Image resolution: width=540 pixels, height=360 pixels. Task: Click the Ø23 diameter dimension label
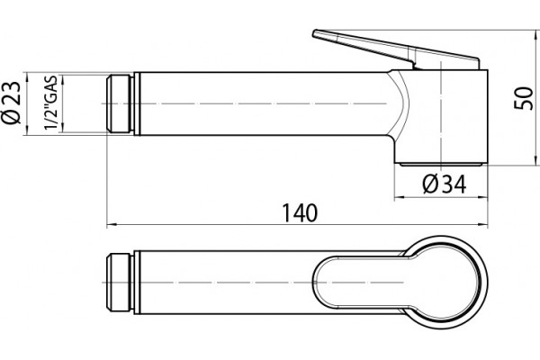pos(11,103)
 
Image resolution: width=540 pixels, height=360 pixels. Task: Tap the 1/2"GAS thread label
pos(50,103)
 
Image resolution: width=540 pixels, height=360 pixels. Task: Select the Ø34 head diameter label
pos(445,184)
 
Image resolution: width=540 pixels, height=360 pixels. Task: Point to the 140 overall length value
pos(300,212)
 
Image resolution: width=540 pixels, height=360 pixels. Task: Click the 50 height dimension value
pos(523,98)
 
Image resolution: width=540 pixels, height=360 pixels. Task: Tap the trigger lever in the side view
pos(396,49)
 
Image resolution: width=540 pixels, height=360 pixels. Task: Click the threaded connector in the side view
pos(120,103)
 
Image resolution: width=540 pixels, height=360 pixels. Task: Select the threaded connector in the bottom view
pos(119,283)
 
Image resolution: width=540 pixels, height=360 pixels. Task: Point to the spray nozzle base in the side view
pos(441,165)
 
